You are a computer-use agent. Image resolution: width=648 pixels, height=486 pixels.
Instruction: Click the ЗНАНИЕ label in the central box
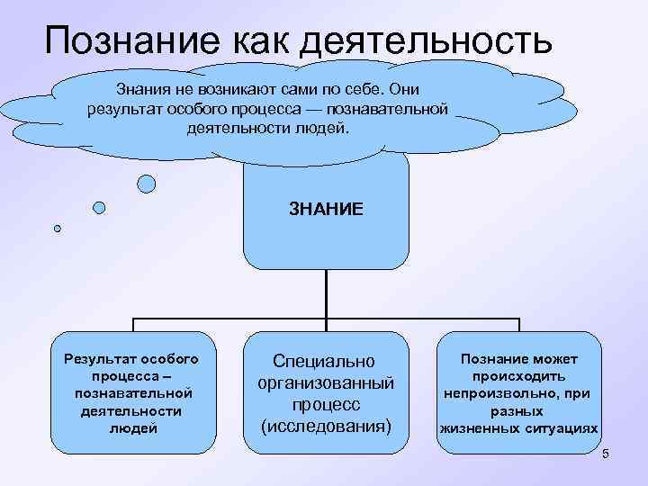[326, 209]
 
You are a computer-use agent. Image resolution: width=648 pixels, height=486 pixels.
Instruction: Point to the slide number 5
[606, 454]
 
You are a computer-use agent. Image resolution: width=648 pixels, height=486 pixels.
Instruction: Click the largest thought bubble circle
[146, 184]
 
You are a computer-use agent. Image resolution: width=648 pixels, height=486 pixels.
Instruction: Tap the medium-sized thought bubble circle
[99, 208]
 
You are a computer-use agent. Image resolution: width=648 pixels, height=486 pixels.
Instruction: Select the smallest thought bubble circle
[58, 229]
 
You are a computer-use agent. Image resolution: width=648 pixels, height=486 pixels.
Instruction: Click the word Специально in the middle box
[326, 361]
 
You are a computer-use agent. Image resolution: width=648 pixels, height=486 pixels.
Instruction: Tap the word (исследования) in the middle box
[326, 423]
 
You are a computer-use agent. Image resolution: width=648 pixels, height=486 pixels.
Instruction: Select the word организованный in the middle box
[326, 382]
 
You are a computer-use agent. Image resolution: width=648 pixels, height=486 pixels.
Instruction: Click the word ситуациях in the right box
[562, 428]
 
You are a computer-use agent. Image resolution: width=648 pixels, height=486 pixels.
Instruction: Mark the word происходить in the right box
[517, 377]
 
